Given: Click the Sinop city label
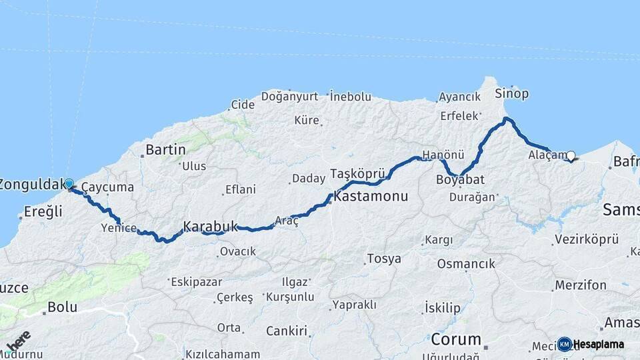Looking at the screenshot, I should point(512,94).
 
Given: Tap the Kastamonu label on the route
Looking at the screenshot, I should point(371,198).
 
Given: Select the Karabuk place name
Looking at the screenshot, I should point(210,227).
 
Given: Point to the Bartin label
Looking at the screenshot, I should point(165,149).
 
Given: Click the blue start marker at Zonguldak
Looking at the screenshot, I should point(69,183).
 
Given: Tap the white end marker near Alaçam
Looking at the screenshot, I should point(570,156).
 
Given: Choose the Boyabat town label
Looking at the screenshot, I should point(460,180).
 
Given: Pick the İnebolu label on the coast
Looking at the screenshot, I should point(351,97).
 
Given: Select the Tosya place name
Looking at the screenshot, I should point(384,259).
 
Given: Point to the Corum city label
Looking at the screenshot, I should point(456,339).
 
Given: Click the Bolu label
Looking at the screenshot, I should point(62,308).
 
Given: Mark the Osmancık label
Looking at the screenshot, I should point(466,264).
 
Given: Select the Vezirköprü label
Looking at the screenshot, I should point(587,239).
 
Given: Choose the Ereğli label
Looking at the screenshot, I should point(43,212).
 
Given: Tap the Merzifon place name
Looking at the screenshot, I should point(580,285).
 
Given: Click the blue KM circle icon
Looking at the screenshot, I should point(565,344).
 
